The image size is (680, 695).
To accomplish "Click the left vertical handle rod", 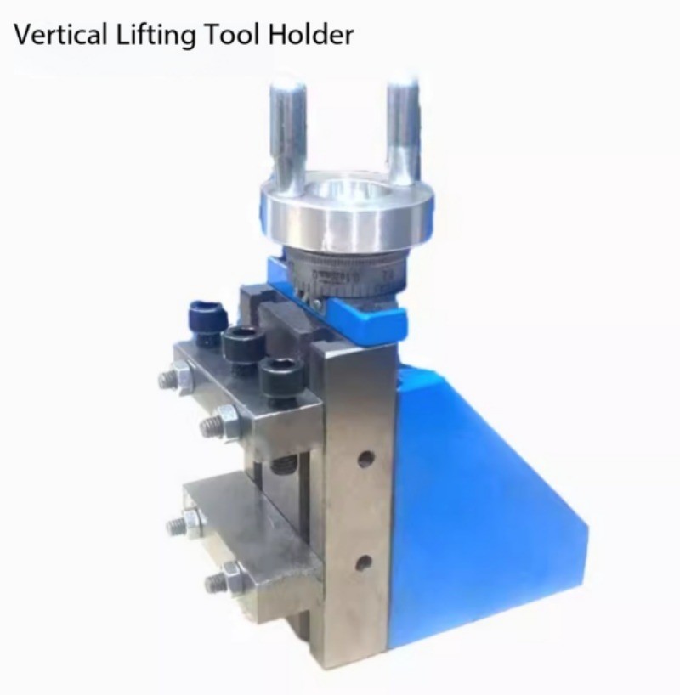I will coord(287,132).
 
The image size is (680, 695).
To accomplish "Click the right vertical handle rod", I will coord(404,127).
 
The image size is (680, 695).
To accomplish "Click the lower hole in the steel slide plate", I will coord(364,562).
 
